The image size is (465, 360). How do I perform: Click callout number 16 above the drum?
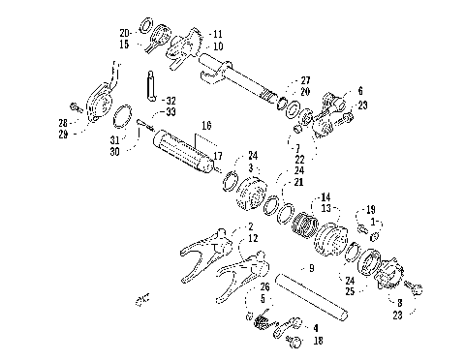(x=205, y=126)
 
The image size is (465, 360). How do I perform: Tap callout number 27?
(x=305, y=80)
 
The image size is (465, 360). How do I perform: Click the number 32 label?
(x=170, y=100)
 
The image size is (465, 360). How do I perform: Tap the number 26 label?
(x=263, y=285)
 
